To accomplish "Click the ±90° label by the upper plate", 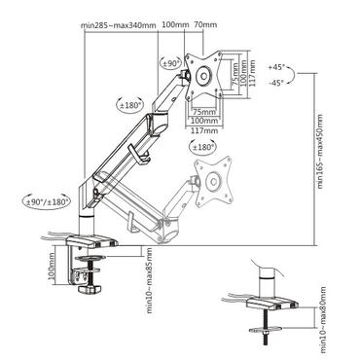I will (x=171, y=64).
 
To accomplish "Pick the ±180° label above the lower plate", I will (x=204, y=147).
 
